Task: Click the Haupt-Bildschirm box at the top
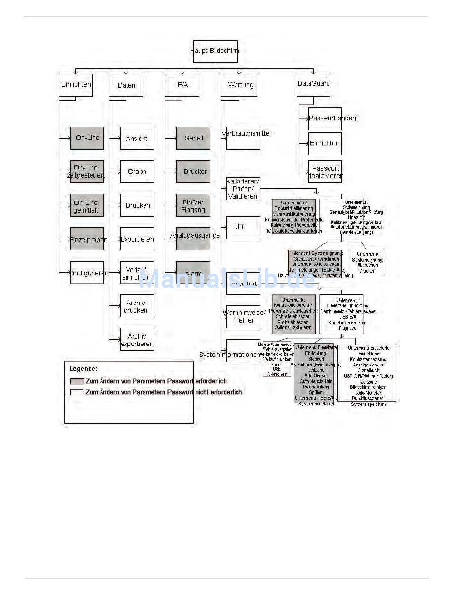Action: (215, 51)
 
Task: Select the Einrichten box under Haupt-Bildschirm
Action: (75, 85)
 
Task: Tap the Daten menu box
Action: (126, 85)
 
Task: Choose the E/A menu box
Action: (182, 85)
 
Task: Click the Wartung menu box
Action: (239, 85)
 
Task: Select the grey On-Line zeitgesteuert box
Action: (87, 172)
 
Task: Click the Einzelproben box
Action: (87, 239)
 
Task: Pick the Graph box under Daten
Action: (137, 172)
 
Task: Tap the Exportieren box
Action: (137, 239)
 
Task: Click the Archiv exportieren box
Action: (137, 339)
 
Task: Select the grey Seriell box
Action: (193, 138)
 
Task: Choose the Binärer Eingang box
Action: (193, 205)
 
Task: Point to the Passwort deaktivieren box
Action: (325, 172)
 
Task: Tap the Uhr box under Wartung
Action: (243, 227)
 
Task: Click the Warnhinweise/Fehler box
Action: (243, 317)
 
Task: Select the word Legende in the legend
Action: (83, 368)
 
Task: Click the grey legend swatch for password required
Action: (76, 381)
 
